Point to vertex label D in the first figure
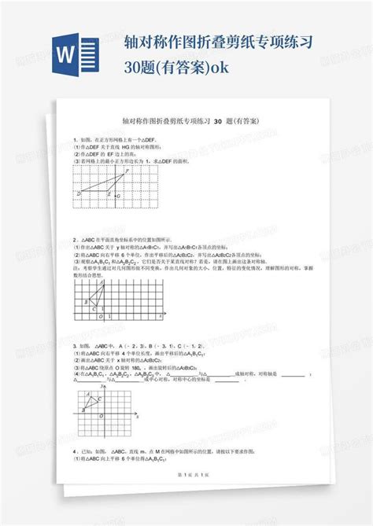click(x=79, y=193)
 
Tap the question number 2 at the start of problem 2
click(x=74, y=241)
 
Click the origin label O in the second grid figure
click(x=101, y=317)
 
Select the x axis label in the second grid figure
click(x=160, y=314)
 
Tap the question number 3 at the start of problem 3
click(x=74, y=345)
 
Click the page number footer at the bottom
click(x=186, y=498)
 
